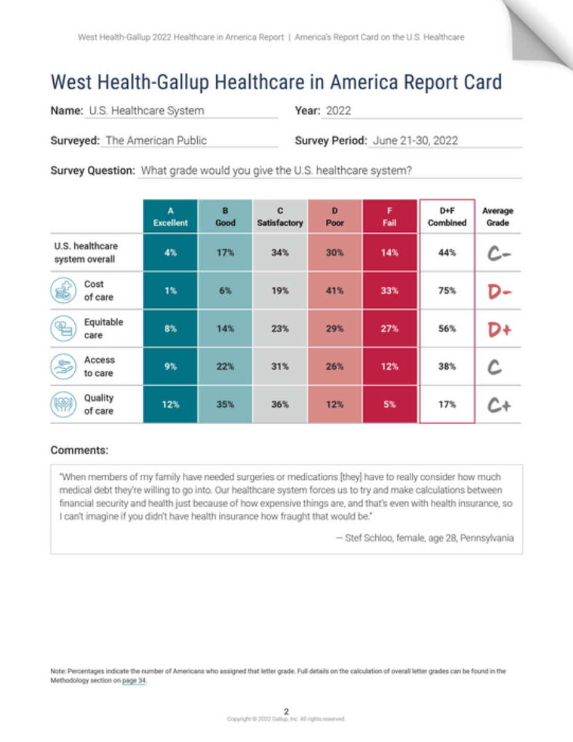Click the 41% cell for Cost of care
(x=334, y=291)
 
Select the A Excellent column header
(x=170, y=216)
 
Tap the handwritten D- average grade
(x=497, y=291)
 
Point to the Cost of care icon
(x=63, y=291)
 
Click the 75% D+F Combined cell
(x=447, y=291)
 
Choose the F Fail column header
(x=389, y=216)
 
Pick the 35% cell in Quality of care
(x=225, y=404)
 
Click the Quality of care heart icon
(x=63, y=404)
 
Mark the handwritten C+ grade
(x=497, y=404)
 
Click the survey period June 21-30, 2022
(x=415, y=140)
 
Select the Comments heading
(x=79, y=450)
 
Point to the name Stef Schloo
(x=377, y=538)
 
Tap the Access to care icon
(x=63, y=367)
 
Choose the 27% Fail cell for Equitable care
(x=389, y=329)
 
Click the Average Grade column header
(x=497, y=216)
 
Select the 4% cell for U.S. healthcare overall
(x=170, y=253)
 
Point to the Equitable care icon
(x=63, y=329)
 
